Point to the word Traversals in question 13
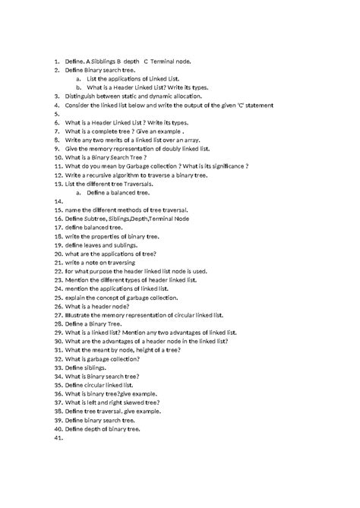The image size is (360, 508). point(134,184)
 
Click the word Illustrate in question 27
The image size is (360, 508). point(80,315)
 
